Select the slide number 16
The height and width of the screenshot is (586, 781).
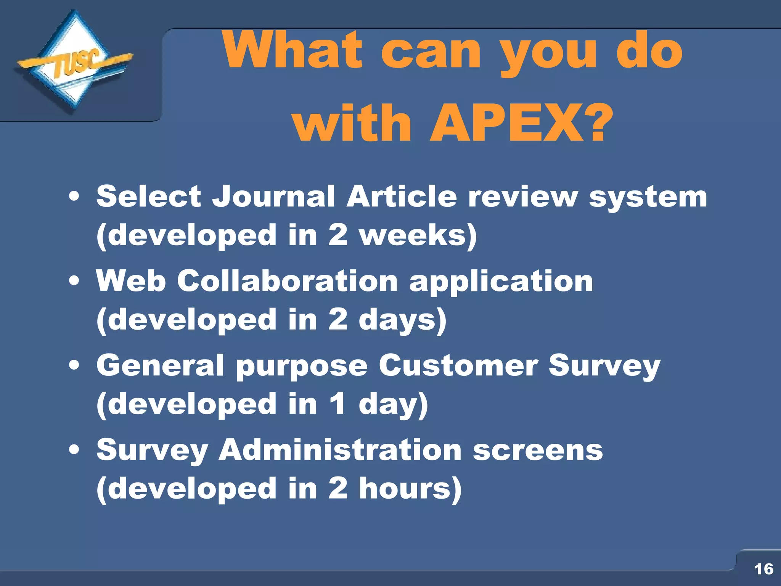763,569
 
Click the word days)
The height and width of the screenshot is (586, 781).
402,320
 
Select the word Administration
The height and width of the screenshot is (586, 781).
340,450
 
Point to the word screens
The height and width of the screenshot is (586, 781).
538,450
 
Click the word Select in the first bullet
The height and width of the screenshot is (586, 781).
149,196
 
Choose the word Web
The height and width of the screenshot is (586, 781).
131,281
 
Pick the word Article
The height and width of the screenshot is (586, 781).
402,196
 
